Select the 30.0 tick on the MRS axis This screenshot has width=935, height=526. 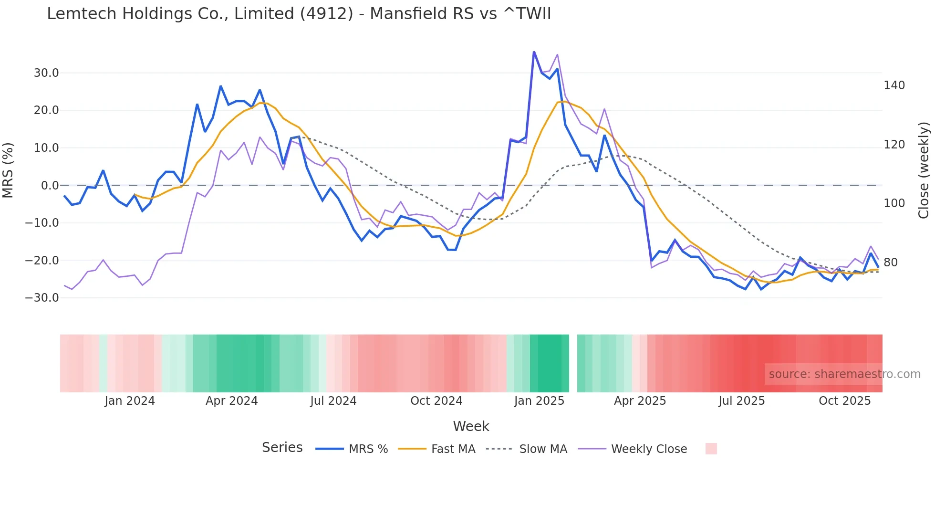click(x=46, y=73)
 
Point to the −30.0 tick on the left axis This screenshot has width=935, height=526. click(x=42, y=298)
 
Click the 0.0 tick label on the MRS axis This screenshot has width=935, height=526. click(x=50, y=186)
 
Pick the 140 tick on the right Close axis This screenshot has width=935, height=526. click(x=894, y=85)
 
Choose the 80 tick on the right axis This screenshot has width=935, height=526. click(x=890, y=263)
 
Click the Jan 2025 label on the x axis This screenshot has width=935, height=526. click(x=539, y=401)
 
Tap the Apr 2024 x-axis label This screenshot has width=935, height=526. click(x=231, y=401)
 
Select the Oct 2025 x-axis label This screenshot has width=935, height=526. click(x=844, y=401)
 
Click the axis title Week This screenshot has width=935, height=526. click(x=471, y=426)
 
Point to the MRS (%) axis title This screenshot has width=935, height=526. click(x=8, y=170)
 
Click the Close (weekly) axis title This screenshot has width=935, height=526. click(x=924, y=170)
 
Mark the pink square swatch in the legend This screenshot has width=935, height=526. click(x=711, y=449)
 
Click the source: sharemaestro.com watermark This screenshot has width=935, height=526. click(x=844, y=374)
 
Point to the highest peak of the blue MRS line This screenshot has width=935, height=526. click(x=534, y=52)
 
